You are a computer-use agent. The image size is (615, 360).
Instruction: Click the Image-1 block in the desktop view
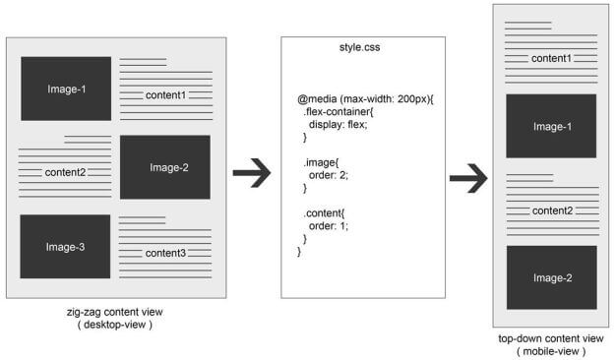(66, 90)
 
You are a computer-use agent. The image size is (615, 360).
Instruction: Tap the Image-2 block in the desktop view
(165, 167)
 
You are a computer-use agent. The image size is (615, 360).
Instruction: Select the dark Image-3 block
(65, 246)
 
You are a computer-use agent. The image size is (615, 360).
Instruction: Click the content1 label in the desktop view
(165, 95)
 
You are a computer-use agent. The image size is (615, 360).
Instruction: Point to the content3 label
(165, 253)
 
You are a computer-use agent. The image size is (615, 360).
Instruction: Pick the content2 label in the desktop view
(65, 172)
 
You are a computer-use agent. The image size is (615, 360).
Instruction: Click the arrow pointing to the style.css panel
(251, 173)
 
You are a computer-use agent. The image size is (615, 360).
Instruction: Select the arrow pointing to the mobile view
(468, 178)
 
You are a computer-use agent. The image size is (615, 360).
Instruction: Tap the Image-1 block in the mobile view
(551, 126)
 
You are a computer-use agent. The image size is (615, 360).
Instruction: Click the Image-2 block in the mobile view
(551, 277)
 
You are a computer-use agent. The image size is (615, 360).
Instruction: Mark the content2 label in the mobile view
(551, 210)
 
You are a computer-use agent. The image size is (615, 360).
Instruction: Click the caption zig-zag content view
(108, 312)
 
